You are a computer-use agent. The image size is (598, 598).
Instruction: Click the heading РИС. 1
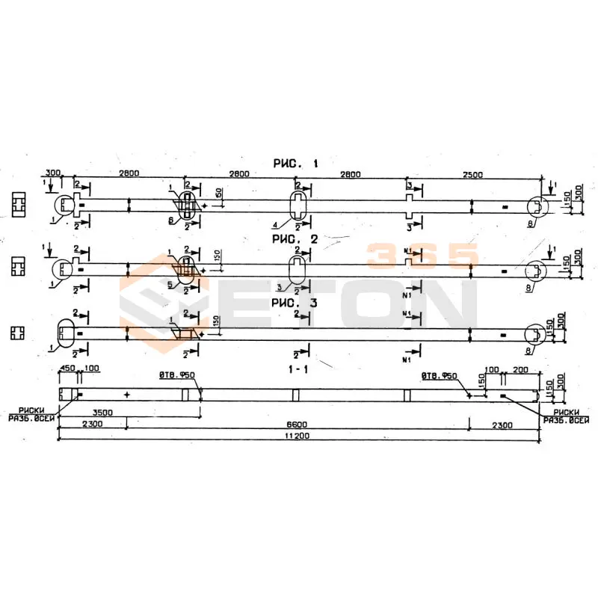tap(298, 163)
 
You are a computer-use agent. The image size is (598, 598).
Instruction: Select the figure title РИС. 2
tap(298, 239)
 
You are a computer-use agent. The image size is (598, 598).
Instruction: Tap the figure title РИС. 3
tap(298, 303)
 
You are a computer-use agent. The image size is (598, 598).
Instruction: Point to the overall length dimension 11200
tap(298, 435)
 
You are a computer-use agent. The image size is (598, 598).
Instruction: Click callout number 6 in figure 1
tap(170, 221)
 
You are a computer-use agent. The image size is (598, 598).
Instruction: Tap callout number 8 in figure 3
tap(529, 350)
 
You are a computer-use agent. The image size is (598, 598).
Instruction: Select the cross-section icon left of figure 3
tap(19, 331)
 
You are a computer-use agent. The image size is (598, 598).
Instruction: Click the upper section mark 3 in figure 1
tap(409, 185)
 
